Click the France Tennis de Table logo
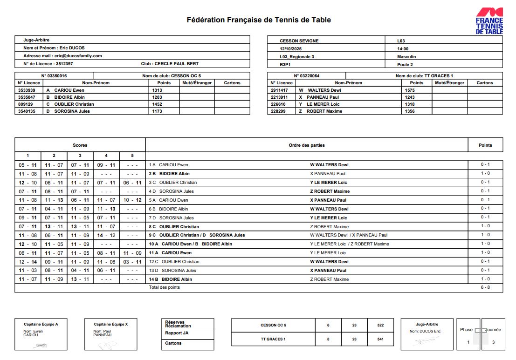[x=489, y=21]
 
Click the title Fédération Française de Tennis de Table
[x=259, y=20]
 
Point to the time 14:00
[x=403, y=49]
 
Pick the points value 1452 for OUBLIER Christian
[x=157, y=104]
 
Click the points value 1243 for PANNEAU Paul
[x=410, y=97]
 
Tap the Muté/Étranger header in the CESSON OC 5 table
[x=197, y=83]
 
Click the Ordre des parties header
[x=307, y=145]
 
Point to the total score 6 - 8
[x=485, y=288]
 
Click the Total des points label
[x=164, y=288]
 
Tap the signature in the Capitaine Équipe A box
[x=41, y=345]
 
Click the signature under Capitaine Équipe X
[x=107, y=345]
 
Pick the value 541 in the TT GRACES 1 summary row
[x=380, y=339]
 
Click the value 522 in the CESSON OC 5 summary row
[x=380, y=326]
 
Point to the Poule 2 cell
[x=405, y=65]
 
